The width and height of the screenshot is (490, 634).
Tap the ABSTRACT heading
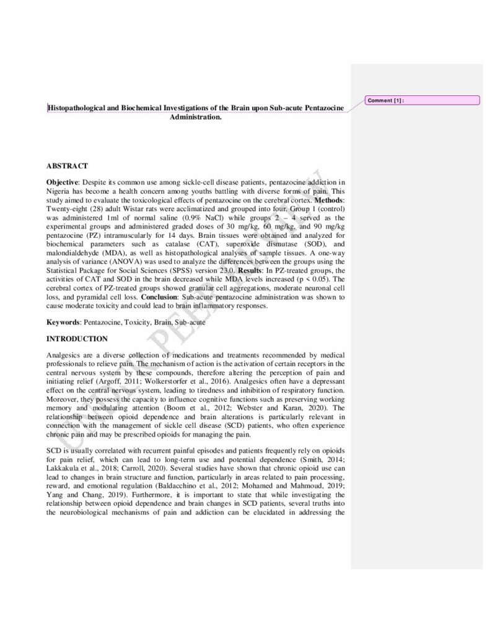(x=67, y=166)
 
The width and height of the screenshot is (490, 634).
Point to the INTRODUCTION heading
(x=77, y=339)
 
